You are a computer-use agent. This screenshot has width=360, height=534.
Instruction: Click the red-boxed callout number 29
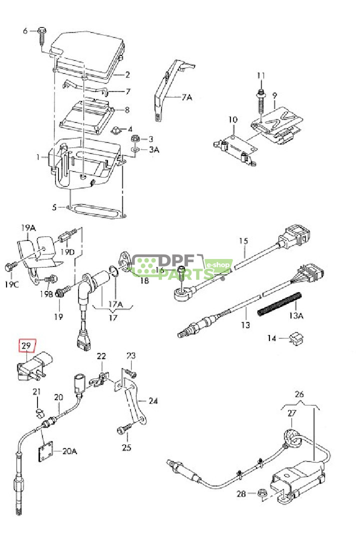pyautogui.click(x=26, y=345)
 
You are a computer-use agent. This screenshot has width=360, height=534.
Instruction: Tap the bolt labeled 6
pyautogui.click(x=41, y=35)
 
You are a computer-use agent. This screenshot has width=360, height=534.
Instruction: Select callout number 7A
pyautogui.click(x=186, y=97)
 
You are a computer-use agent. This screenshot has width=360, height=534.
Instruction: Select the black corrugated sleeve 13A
pyautogui.click(x=280, y=303)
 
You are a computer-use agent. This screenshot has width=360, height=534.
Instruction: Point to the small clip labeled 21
pyautogui.click(x=39, y=413)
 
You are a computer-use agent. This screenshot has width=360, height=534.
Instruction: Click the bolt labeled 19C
pyautogui.click(x=10, y=266)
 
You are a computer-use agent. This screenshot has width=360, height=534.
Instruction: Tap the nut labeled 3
pyautogui.click(x=134, y=138)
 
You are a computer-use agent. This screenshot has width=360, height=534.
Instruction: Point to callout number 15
pyautogui.click(x=243, y=241)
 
